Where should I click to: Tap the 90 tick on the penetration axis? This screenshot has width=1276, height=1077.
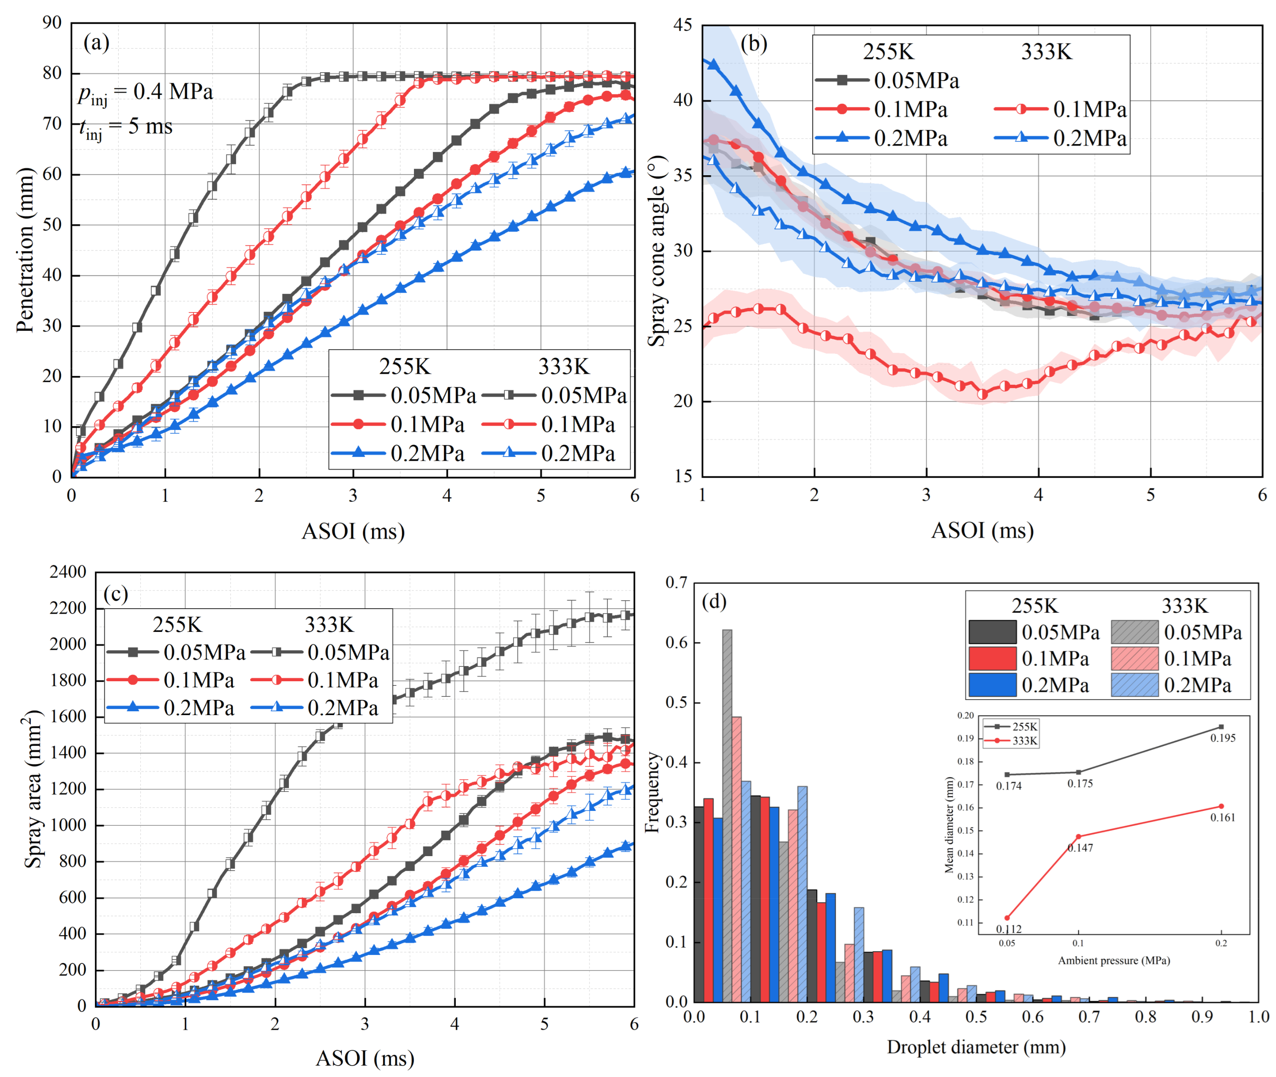pyautogui.click(x=52, y=23)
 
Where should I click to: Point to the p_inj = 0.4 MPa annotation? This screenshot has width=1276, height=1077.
pyautogui.click(x=145, y=92)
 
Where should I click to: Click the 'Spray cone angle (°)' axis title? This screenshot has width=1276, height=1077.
pyautogui.click(x=658, y=250)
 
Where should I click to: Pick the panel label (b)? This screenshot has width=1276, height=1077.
pyautogui.click(x=754, y=44)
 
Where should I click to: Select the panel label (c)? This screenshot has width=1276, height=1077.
pyautogui.click(x=115, y=594)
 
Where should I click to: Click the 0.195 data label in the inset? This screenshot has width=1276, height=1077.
pyautogui.click(x=1222, y=738)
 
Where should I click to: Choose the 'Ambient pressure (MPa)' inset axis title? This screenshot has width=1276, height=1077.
pyautogui.click(x=1114, y=960)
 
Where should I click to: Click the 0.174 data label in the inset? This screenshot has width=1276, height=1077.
pyautogui.click(x=1009, y=786)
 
